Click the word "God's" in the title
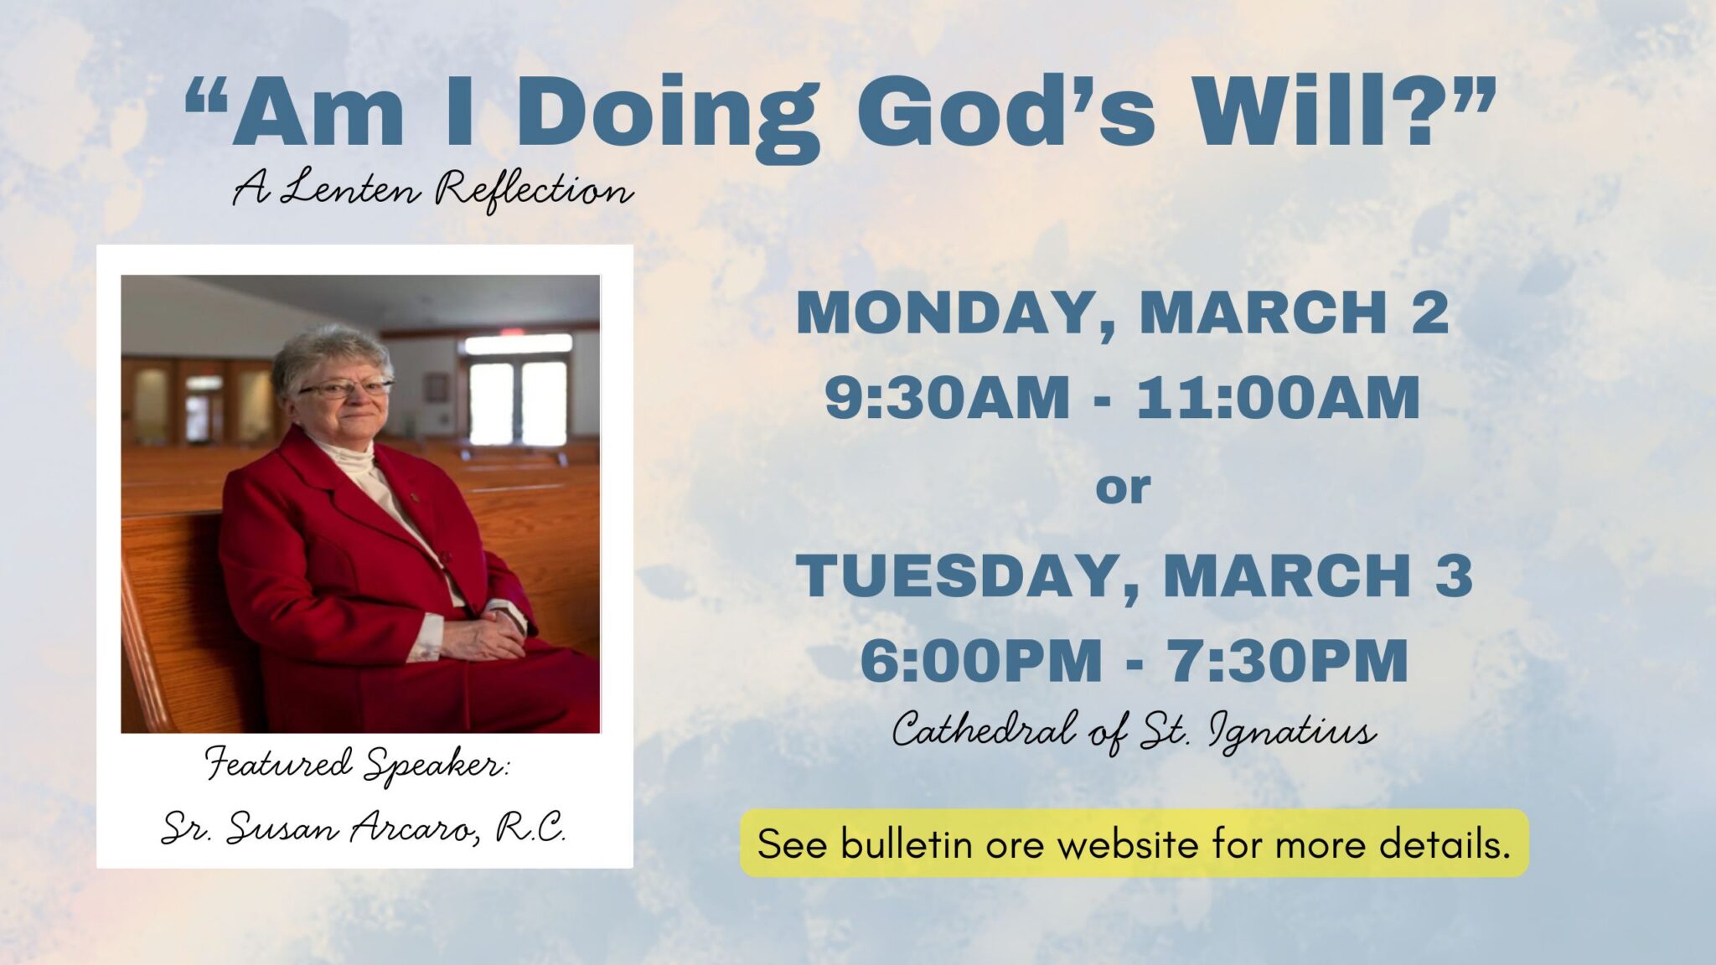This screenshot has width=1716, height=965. pos(1005,113)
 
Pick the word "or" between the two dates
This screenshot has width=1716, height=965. pos(1123,488)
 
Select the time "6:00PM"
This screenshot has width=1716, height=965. pos(980,661)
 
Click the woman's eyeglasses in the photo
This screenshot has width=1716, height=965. pos(345,388)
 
